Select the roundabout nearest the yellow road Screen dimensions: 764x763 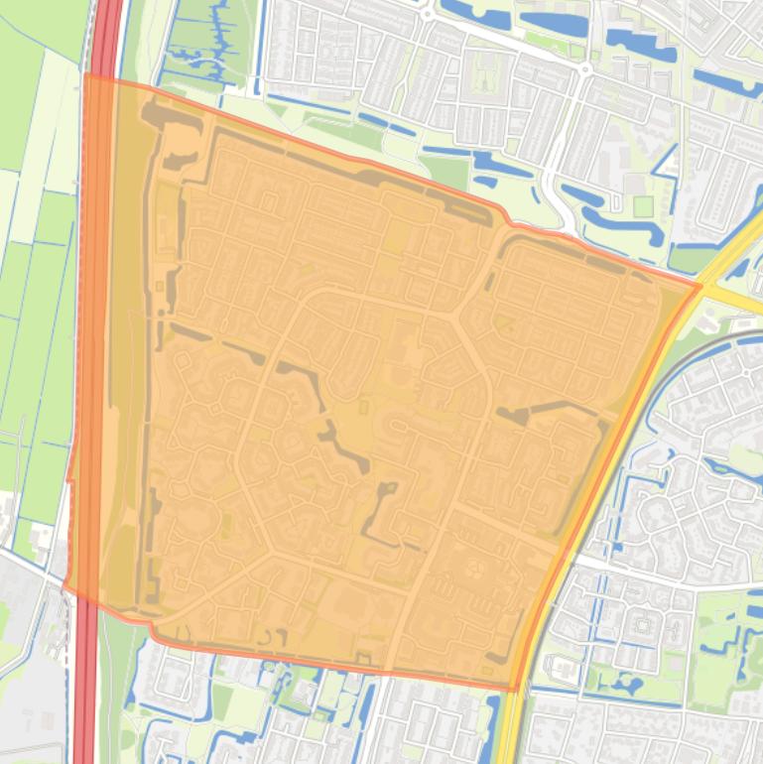[x=586, y=69]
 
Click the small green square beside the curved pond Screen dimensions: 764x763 [x=644, y=206]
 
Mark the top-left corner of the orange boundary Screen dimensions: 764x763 [x=85, y=74]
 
